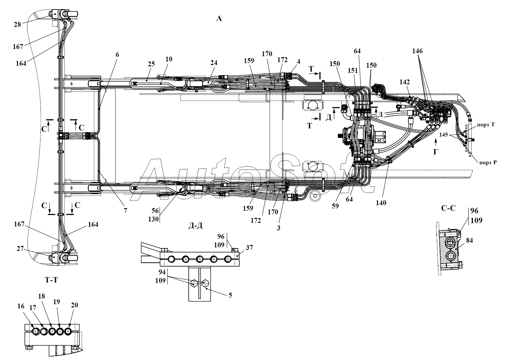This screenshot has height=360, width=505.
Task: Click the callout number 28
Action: pyautogui.click(x=17, y=25)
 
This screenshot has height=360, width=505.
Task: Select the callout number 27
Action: pyautogui.click(x=20, y=249)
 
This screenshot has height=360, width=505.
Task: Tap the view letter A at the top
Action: pyautogui.click(x=219, y=19)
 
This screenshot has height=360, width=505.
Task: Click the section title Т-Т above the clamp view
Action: pyautogui.click(x=51, y=280)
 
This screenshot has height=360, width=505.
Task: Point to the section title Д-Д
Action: pyautogui.click(x=196, y=226)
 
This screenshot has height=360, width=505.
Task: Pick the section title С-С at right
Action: pyautogui.click(x=448, y=208)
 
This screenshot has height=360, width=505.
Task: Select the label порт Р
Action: pyautogui.click(x=488, y=162)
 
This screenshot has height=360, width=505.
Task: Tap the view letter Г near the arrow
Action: pyautogui.click(x=435, y=152)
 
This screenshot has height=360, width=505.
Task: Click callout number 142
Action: pyautogui.click(x=404, y=82)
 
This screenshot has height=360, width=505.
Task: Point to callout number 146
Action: pyautogui.click(x=417, y=51)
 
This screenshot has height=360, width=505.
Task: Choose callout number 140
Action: pyautogui.click(x=381, y=203)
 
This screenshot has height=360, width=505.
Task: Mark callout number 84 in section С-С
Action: pyautogui.click(x=469, y=240)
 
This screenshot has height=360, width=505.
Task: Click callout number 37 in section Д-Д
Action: pyautogui.click(x=249, y=248)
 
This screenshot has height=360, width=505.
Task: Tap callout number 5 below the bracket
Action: pyautogui.click(x=230, y=295)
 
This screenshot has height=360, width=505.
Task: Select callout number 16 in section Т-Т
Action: pyautogui.click(x=21, y=306)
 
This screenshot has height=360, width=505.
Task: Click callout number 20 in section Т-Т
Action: pyautogui.click(x=74, y=305)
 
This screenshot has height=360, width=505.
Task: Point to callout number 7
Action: pyautogui.click(x=125, y=211)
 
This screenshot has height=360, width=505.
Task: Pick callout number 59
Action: pyautogui.click(x=335, y=206)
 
